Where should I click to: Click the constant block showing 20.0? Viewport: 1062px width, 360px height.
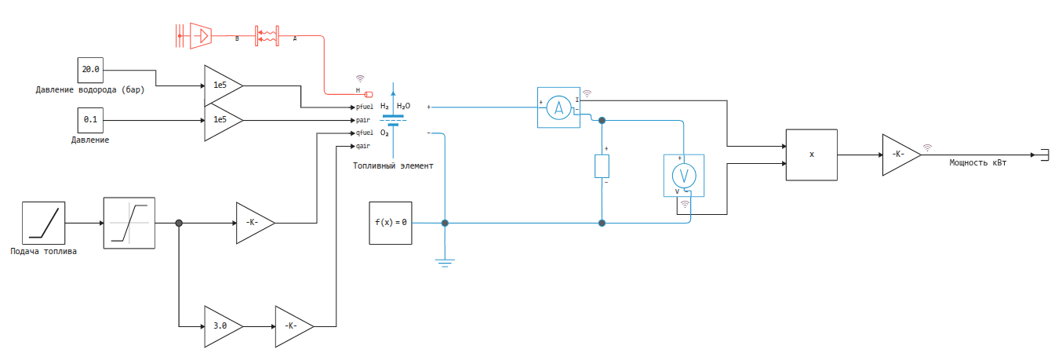[91, 70]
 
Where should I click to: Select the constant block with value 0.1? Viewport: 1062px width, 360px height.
[91, 121]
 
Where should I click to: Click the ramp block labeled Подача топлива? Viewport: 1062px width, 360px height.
[44, 223]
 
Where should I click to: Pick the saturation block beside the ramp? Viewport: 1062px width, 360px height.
[129, 223]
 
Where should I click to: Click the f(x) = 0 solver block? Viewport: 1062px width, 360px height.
[391, 222]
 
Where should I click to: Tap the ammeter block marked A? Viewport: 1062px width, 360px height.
[558, 107]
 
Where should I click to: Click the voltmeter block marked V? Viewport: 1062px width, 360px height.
[685, 174]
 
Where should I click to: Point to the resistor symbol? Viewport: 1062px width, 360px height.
[602, 166]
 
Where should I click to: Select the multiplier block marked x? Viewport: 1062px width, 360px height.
[812, 155]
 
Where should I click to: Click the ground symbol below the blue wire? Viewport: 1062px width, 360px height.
[446, 263]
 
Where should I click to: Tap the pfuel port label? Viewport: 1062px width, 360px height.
[365, 107]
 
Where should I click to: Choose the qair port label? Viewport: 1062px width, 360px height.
[363, 146]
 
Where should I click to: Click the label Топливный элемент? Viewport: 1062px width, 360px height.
[393, 166]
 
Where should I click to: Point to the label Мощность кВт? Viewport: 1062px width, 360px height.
[977, 163]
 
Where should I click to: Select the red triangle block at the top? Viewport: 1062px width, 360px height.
[202, 35]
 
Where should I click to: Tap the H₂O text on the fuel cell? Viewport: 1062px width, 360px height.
[403, 106]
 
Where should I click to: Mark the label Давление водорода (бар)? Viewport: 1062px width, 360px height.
[91, 89]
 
